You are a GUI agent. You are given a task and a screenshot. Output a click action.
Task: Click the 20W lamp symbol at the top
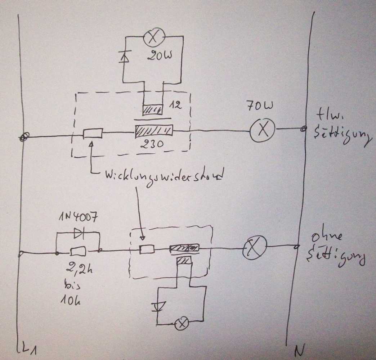[154, 38]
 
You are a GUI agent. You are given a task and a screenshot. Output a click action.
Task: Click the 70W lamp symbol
[263, 130]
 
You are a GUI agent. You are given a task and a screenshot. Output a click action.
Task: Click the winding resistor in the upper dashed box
[93, 134]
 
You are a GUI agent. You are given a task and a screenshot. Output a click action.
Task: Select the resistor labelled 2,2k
[78, 251]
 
